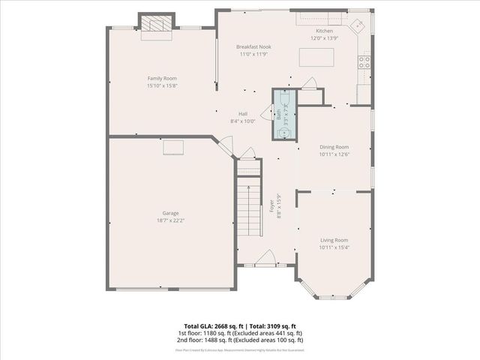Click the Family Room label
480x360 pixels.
click(x=162, y=78)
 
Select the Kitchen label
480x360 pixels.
click(x=324, y=31)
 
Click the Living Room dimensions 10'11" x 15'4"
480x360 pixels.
click(x=334, y=247)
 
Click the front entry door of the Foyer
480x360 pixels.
click(x=266, y=260)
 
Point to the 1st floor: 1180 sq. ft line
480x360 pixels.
click(x=240, y=332)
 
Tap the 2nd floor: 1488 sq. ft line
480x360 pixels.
click(x=240, y=340)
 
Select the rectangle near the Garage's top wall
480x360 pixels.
click(x=173, y=148)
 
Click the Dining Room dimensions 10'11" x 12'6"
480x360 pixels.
click(x=334, y=154)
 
